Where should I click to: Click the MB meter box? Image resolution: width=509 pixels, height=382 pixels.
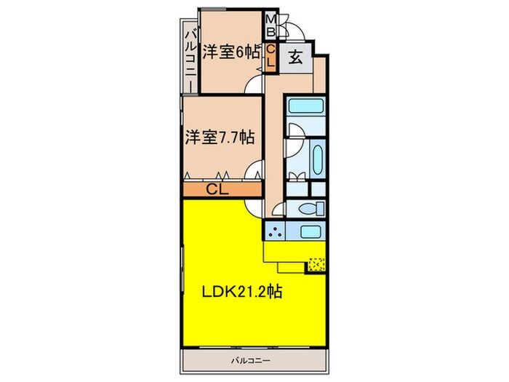point(270,25)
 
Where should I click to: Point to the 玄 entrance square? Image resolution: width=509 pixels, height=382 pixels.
point(298,57)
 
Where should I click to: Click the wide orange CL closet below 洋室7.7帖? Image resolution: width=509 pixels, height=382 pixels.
point(218,190)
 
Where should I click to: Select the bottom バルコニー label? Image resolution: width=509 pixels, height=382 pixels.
point(252,361)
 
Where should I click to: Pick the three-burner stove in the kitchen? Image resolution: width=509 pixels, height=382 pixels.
point(275,233)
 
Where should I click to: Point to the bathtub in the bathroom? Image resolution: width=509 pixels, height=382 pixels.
point(318,156)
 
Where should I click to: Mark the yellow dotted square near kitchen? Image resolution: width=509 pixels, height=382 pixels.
point(316,264)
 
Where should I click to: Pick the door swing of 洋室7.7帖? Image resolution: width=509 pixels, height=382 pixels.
point(254,171)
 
